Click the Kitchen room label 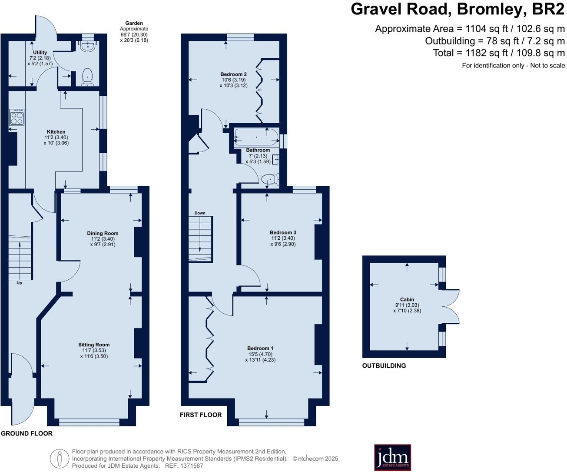[56, 132]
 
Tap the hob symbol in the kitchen [17, 117]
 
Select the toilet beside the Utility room [88, 77]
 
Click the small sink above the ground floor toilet [88, 46]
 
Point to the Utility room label [40, 53]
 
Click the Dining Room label [103, 233]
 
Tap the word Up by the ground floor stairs [19, 283]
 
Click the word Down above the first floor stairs [200, 213]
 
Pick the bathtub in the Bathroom [256, 137]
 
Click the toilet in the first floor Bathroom [270, 179]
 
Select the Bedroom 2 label [233, 74]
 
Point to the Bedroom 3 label [283, 232]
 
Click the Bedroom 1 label [260, 348]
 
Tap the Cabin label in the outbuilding [407, 299]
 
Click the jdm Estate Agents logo [392, 457]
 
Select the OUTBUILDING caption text [384, 366]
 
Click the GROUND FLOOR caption [27, 433]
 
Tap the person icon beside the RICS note [60, 459]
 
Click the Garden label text [134, 23]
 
